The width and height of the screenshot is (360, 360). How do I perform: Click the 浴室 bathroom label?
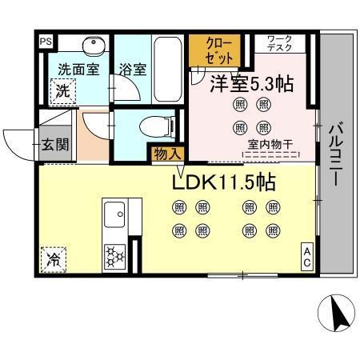[x=132, y=70]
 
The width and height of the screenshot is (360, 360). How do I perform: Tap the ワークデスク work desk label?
[x=279, y=43]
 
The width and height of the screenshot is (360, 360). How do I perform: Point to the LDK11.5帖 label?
[x=225, y=182]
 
